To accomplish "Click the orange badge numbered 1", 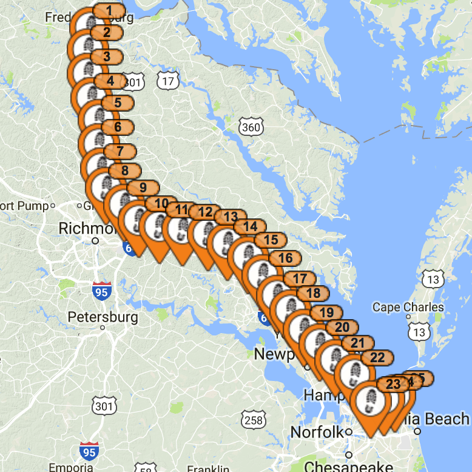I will pos(109,10).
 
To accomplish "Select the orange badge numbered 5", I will pos(117,103).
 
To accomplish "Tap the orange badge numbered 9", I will pos(143,188).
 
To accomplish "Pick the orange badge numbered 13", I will pos(230,217).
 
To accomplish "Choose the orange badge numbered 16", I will pos(285,258).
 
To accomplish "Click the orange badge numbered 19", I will pos(326,312).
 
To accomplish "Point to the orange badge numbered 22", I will pos(377,358).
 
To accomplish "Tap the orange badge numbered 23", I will pos(393,384).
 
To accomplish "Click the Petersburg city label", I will pos(103,317).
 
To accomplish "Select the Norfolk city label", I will pos(317,433).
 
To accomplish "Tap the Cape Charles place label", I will pos(408,307).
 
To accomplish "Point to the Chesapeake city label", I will pos(348,466).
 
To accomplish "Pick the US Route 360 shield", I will pos(251,127).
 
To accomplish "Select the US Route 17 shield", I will pos(167,80).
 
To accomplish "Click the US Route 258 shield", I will pos(253,419).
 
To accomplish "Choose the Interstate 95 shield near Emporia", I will pos(89,451).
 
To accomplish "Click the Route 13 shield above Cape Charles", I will pos(433,279).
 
